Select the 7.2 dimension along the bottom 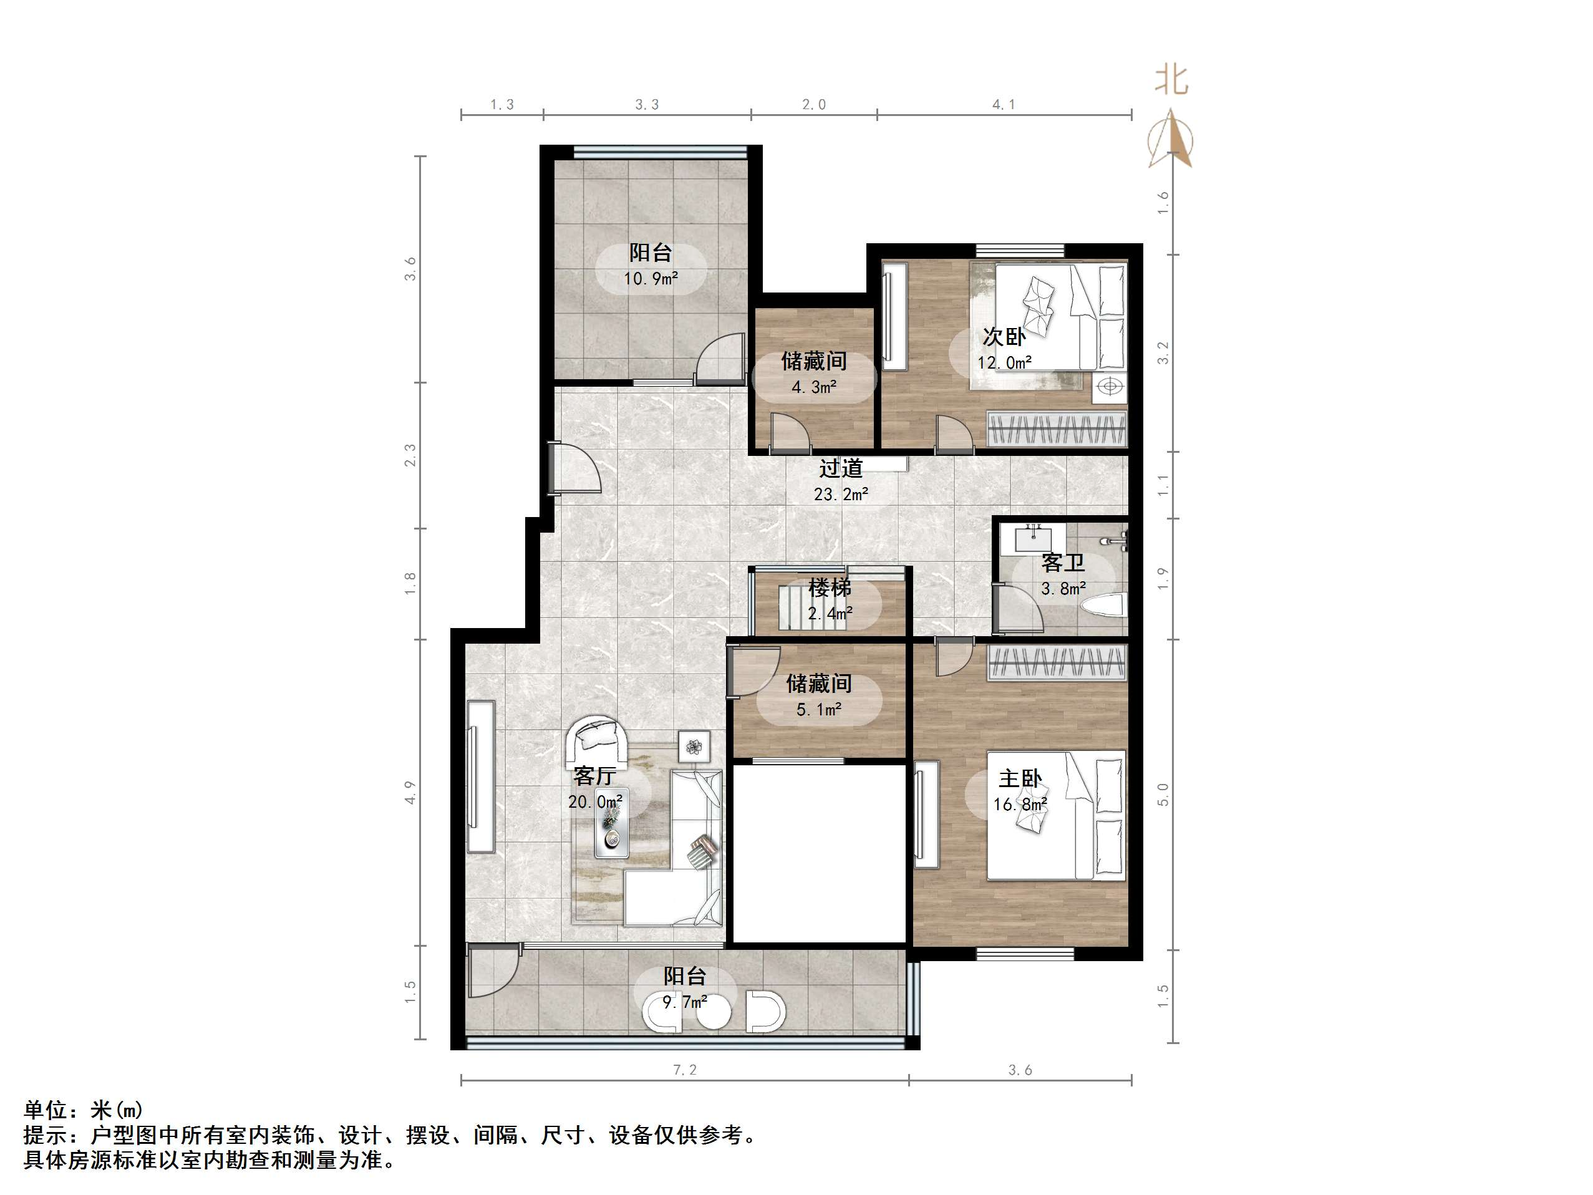(x=684, y=1070)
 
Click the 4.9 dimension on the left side (x=410, y=792)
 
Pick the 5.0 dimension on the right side (x=1163, y=795)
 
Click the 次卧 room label (x=1004, y=336)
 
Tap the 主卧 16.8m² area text (x=1020, y=805)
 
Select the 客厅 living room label (x=594, y=776)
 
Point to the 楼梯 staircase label (x=830, y=588)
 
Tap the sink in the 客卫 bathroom (x=1035, y=536)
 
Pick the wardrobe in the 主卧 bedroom (x=1056, y=661)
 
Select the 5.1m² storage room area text (x=819, y=710)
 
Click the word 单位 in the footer (x=46, y=1110)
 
